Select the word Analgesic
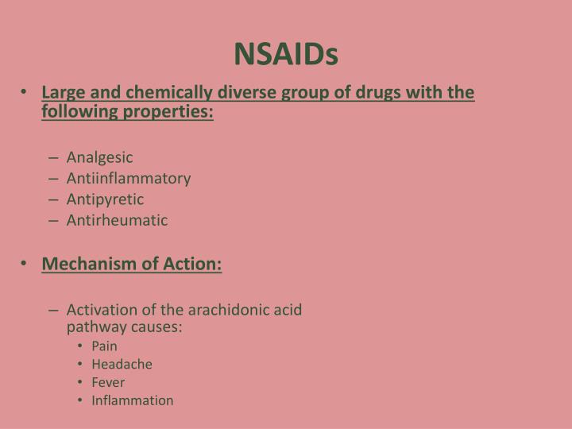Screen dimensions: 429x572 click(x=99, y=157)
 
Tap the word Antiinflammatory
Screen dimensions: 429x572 click(x=129, y=178)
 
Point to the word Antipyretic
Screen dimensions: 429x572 click(x=105, y=199)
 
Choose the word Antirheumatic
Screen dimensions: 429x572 click(x=117, y=220)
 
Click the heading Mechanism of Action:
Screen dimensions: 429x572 click(x=132, y=262)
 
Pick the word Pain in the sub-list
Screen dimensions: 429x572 click(x=104, y=346)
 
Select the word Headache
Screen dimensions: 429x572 click(x=122, y=364)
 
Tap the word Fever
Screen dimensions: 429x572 click(x=108, y=382)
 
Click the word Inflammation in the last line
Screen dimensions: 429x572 click(x=132, y=400)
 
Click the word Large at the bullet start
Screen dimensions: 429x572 click(x=60, y=94)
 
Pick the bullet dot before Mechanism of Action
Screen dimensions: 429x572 click(x=25, y=262)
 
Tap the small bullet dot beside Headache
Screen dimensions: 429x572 click(x=82, y=364)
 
